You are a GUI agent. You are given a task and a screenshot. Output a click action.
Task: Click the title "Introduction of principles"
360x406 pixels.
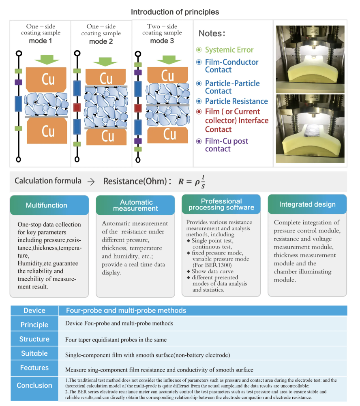click(x=175, y=12)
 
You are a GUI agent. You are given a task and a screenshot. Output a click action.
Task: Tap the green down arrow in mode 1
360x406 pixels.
click(x=47, y=60)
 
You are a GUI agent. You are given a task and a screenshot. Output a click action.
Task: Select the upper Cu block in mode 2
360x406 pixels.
click(x=106, y=77)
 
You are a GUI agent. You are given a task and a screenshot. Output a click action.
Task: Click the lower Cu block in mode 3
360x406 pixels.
click(x=167, y=135)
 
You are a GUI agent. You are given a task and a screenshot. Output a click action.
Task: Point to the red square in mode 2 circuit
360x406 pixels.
click(x=77, y=107)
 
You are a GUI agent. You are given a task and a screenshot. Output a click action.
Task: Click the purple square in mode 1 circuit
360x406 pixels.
click(x=18, y=82)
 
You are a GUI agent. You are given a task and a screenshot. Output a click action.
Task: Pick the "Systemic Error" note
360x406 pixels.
click(x=229, y=50)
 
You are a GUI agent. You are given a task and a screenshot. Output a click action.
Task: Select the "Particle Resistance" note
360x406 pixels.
click(x=236, y=101)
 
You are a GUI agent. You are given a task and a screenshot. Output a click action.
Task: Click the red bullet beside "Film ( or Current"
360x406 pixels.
click(x=199, y=111)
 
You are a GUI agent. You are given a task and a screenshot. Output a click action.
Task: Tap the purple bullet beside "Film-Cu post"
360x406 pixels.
click(x=199, y=141)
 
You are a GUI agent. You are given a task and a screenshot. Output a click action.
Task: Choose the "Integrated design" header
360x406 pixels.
click(x=307, y=204)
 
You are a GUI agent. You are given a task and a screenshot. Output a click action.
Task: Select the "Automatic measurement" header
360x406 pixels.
click(x=135, y=205)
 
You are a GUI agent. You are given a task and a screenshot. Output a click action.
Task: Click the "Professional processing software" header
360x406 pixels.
click(x=221, y=204)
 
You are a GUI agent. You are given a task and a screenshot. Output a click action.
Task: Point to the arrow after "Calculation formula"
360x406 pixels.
click(x=91, y=182)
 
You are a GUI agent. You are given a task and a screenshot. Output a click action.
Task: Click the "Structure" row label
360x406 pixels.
click(x=34, y=339)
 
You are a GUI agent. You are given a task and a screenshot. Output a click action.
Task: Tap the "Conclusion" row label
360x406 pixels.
click(x=34, y=385)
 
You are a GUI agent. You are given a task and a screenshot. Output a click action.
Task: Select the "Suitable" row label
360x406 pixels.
click(x=34, y=353)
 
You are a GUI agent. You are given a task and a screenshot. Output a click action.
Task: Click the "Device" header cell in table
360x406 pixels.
click(x=34, y=310)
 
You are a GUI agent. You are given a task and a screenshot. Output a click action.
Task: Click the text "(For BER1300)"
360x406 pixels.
click(x=212, y=265)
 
